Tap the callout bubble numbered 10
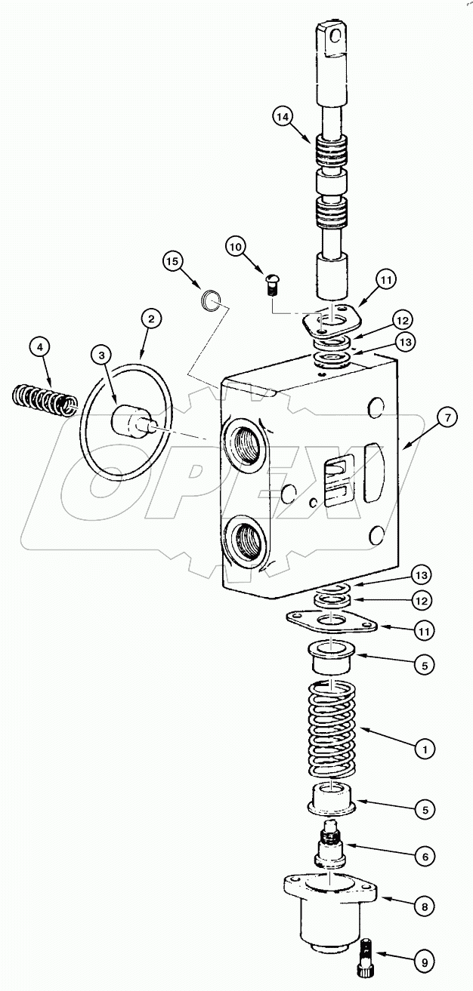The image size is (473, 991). coord(234,245)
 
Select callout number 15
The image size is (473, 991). coord(172,261)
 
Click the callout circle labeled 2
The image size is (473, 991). coord(151,320)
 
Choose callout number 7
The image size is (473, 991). coord(447,417)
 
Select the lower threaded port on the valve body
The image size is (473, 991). coord(245,541)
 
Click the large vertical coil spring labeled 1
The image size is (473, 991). coord(333,729)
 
